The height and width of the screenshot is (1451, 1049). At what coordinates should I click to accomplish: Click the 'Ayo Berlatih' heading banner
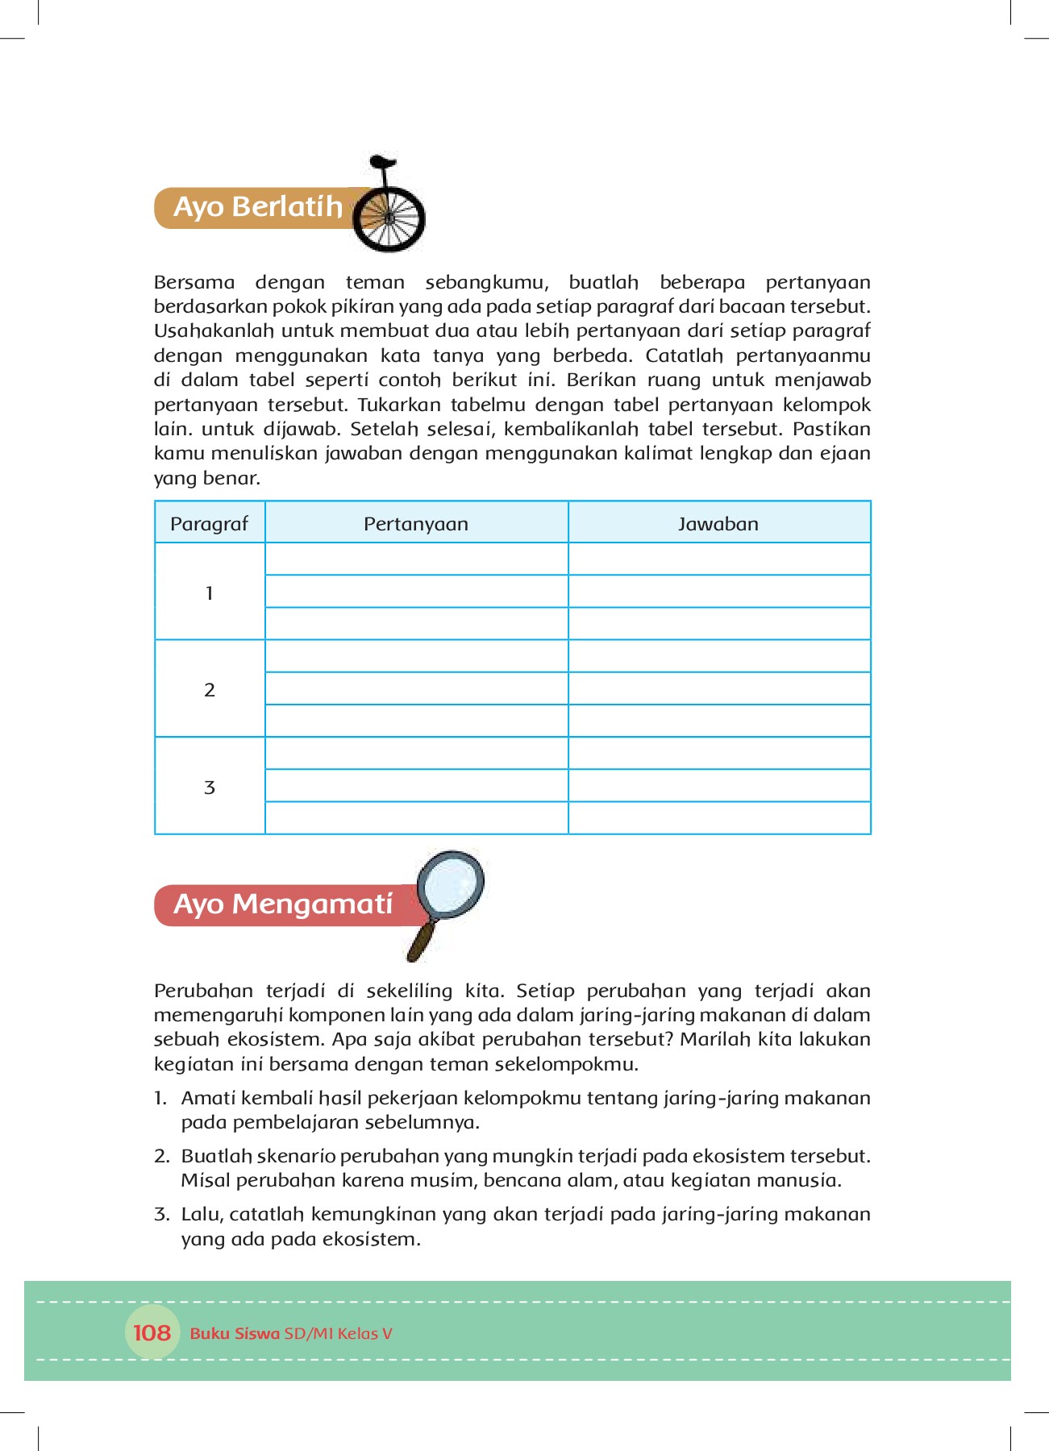[258, 208]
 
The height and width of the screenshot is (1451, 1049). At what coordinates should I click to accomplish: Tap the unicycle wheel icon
[389, 218]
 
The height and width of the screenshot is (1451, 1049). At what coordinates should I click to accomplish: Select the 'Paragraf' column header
[210, 524]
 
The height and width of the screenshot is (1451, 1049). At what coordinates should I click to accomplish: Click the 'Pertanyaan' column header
[416, 524]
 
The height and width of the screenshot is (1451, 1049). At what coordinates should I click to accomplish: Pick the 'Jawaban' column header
[718, 524]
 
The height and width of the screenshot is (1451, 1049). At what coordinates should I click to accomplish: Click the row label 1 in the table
[210, 593]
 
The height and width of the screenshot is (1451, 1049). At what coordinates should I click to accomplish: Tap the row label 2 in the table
[210, 690]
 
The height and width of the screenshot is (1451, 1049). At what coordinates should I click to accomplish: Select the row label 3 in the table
[210, 788]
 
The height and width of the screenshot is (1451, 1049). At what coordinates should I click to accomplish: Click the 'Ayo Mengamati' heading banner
[282, 904]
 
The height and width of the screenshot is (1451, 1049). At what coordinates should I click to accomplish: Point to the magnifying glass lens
[451, 883]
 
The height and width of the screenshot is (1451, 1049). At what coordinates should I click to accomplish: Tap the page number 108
[152, 1333]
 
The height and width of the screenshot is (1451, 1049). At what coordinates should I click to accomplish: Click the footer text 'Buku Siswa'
[235, 1333]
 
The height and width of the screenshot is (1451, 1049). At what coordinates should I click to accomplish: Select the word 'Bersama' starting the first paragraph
[194, 283]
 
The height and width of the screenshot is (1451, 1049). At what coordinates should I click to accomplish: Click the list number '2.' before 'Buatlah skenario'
[161, 1156]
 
